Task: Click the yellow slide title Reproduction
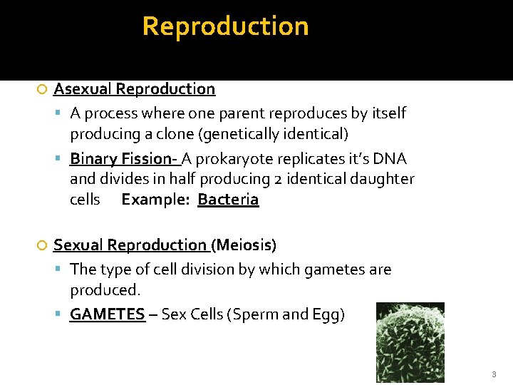point(225,26)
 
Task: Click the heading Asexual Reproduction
point(134,89)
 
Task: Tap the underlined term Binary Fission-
point(125,158)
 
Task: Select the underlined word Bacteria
point(228,200)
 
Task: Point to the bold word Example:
point(156,200)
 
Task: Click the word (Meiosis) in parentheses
point(244,245)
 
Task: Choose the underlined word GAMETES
point(107,314)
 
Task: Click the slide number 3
point(493,374)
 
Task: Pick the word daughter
point(383,179)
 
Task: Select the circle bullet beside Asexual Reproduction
point(42,90)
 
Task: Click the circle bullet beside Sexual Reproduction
point(42,246)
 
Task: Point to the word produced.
point(105,290)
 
